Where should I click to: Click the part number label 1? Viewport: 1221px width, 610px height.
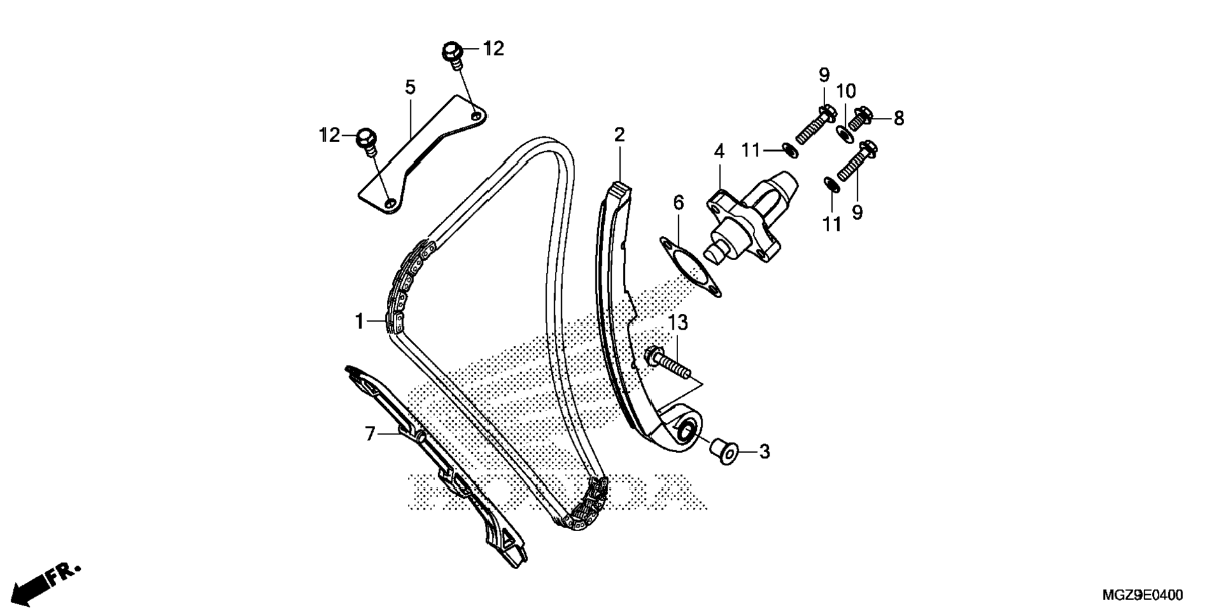(359, 321)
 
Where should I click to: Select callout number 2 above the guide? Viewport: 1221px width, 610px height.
(619, 135)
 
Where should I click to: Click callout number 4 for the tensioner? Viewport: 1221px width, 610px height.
(719, 152)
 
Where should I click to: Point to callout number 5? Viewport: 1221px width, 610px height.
(410, 88)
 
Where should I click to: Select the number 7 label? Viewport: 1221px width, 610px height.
(370, 434)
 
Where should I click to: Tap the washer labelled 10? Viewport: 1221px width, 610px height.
(844, 133)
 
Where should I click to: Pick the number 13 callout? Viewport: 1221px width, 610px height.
(678, 323)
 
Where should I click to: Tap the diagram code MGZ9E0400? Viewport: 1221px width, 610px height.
(1143, 595)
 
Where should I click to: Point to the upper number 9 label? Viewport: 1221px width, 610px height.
(824, 76)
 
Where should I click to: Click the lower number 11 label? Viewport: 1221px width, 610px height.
(832, 224)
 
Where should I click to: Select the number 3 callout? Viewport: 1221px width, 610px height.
(765, 452)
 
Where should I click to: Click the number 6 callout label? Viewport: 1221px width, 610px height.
(679, 203)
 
